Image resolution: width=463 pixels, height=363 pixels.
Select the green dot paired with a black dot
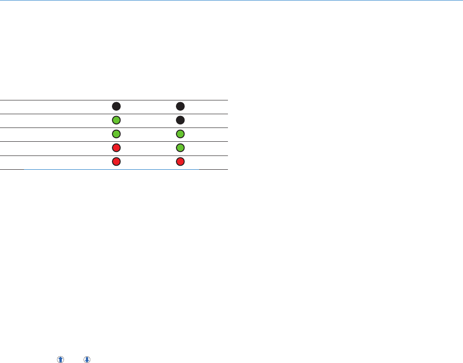(x=116, y=120)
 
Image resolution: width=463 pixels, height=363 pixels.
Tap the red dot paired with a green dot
(x=116, y=148)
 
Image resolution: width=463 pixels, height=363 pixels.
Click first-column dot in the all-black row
(x=116, y=106)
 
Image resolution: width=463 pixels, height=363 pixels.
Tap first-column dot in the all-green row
(x=116, y=134)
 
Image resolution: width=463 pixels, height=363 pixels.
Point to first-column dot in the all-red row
(x=116, y=161)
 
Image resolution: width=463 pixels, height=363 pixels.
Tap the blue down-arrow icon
(x=87, y=359)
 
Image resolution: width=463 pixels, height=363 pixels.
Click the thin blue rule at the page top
(x=231, y=0)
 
